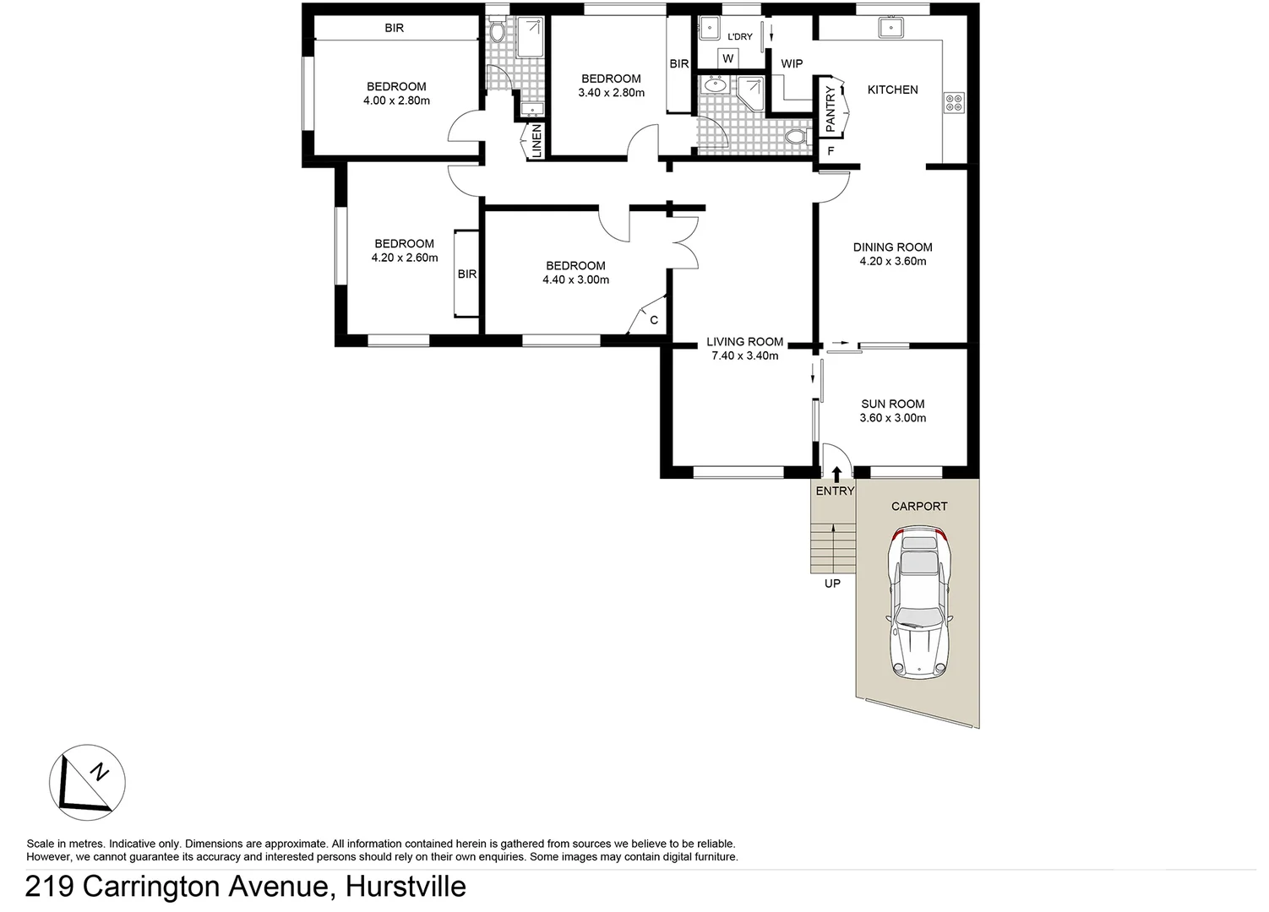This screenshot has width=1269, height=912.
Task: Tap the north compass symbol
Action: pyautogui.click(x=87, y=783)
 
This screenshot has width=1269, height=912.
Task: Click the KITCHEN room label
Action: pyautogui.click(x=892, y=90)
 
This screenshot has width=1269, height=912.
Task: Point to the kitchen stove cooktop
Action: pyautogui.click(x=954, y=103)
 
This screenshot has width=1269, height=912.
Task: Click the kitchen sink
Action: pyautogui.click(x=890, y=28)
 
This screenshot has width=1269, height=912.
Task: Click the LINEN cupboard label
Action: pyautogui.click(x=536, y=141)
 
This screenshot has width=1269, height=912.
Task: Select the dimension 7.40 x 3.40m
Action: pyautogui.click(x=744, y=356)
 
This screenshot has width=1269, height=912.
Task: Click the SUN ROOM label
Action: pyautogui.click(x=892, y=404)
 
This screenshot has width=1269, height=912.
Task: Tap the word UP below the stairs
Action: pyautogui.click(x=832, y=584)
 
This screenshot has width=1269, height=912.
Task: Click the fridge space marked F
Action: pyautogui.click(x=831, y=151)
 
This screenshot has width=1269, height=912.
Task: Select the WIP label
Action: pyautogui.click(x=792, y=64)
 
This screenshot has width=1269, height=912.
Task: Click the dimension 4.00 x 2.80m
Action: pyautogui.click(x=396, y=100)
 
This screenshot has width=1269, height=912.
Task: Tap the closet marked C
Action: pyautogui.click(x=653, y=320)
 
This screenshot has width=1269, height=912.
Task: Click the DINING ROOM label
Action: pyautogui.click(x=892, y=247)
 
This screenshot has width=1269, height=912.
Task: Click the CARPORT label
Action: pyautogui.click(x=919, y=506)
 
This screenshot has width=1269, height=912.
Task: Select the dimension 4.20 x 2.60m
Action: pyautogui.click(x=404, y=258)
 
